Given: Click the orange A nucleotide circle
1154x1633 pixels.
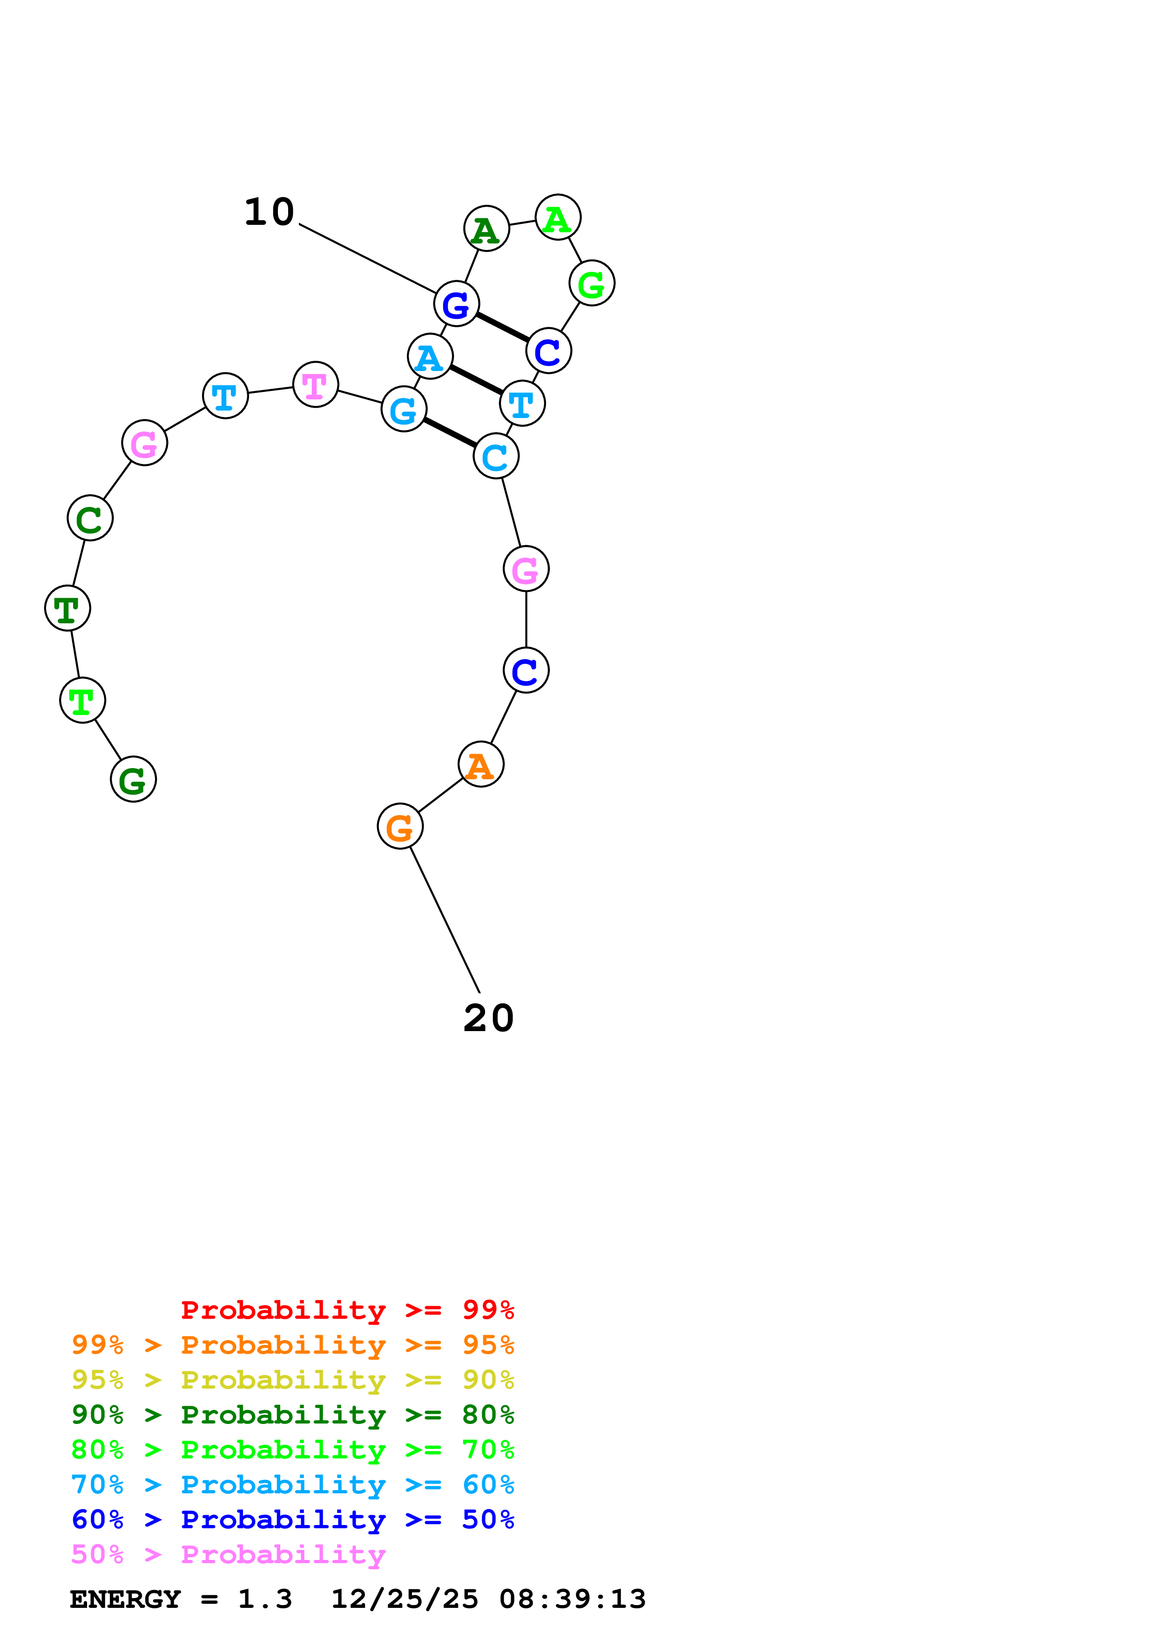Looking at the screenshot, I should (x=481, y=764).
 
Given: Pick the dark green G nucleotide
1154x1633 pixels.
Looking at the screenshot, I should (x=133, y=780).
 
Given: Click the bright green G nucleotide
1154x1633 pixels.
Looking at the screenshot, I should (x=592, y=283).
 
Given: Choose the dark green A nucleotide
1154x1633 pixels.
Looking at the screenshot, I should (x=486, y=229).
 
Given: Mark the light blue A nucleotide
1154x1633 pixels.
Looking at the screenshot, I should (x=430, y=356).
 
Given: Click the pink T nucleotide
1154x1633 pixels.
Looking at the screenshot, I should (x=316, y=385).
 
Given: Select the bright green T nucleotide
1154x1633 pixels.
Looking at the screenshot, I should (x=82, y=701).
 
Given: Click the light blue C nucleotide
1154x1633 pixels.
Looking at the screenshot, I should (x=496, y=457).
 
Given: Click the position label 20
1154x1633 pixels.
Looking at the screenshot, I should (x=488, y=1018).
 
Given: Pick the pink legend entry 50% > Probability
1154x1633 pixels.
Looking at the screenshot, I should (x=228, y=1555).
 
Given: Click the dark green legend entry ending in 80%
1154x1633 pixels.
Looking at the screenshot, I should (x=292, y=1415).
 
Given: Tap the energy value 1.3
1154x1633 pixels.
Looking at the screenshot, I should (x=264, y=1599).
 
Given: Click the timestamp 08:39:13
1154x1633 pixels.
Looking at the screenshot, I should (x=573, y=1599).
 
